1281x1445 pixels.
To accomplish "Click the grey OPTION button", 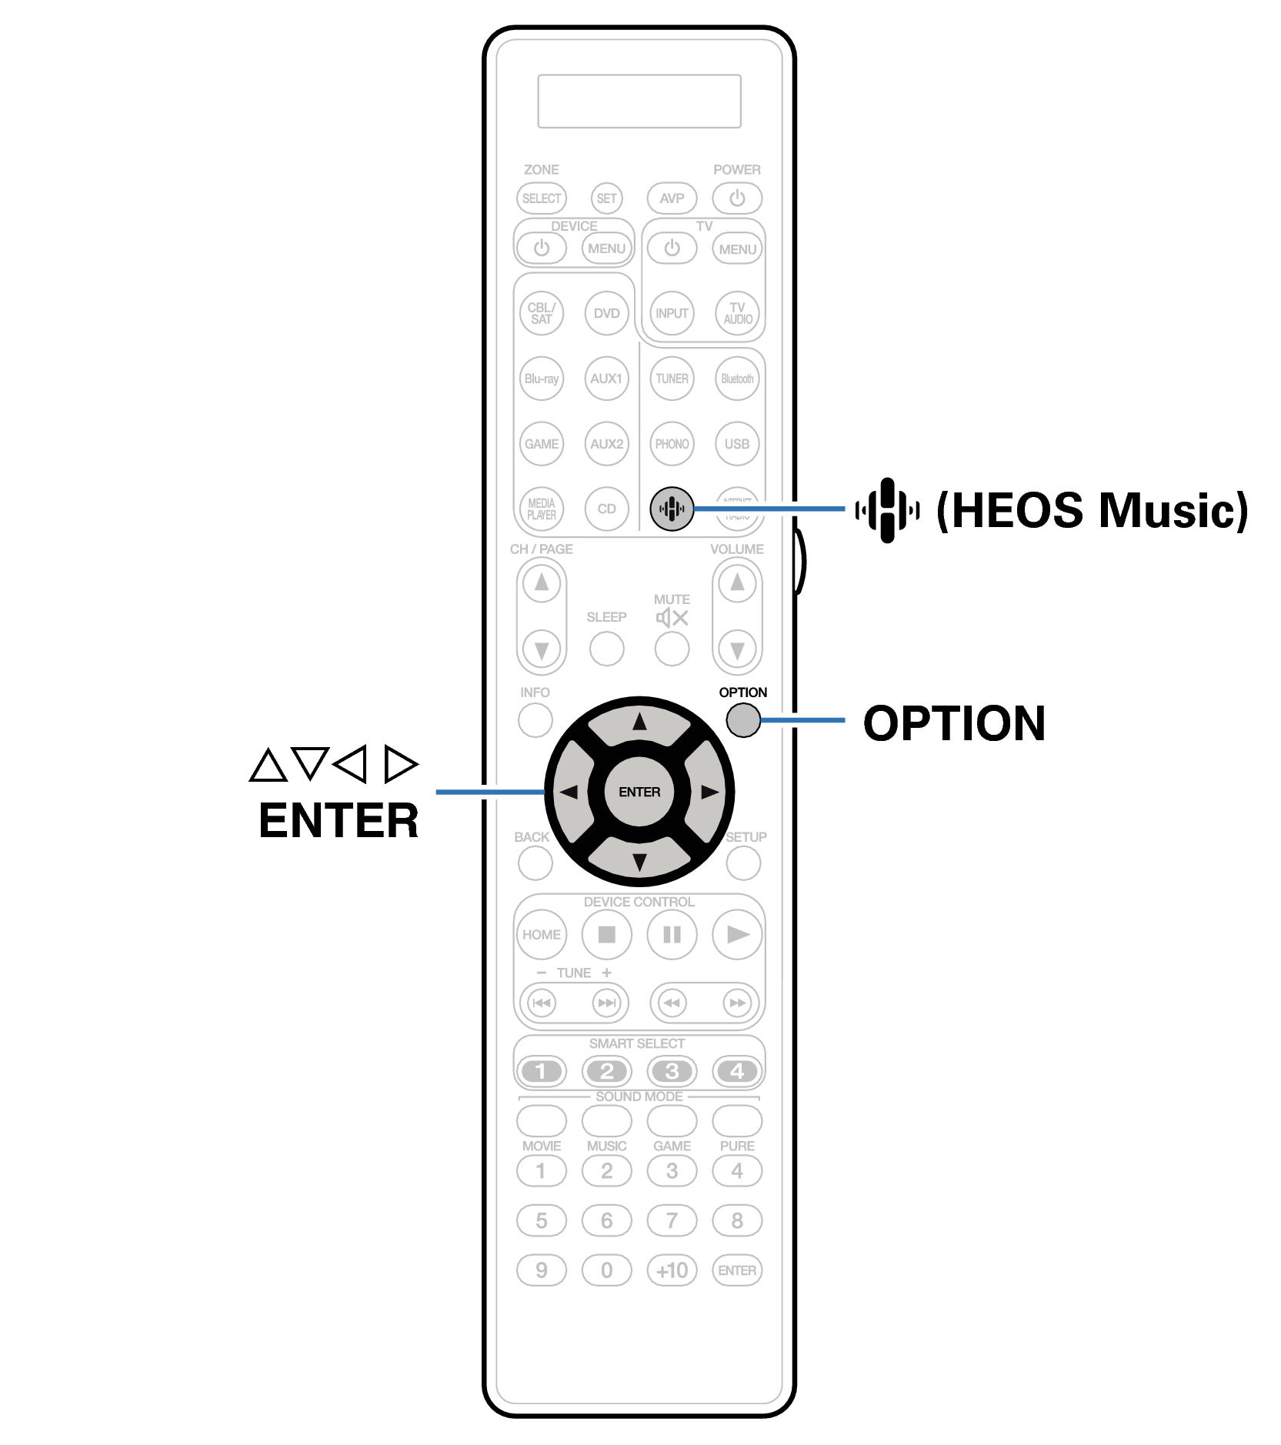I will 742,720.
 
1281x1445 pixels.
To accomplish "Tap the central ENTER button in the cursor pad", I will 639,792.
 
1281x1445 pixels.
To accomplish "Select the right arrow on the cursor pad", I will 709,792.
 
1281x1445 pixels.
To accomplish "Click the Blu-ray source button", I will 542,379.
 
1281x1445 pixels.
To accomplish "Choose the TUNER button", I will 672,379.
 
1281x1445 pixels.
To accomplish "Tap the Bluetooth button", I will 737,379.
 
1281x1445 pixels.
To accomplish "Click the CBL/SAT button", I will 542,313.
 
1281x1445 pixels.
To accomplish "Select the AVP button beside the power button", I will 672,199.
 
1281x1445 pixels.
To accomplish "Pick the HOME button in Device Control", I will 542,935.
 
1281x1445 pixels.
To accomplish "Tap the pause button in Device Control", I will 672,935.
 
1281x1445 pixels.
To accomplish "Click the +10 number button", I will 672,1270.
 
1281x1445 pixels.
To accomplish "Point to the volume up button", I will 737,583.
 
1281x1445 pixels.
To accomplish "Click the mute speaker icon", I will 672,618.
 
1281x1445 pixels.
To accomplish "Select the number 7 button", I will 672,1220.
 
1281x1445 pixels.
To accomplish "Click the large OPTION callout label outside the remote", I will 954,723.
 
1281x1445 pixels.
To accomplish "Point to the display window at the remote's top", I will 639,101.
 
